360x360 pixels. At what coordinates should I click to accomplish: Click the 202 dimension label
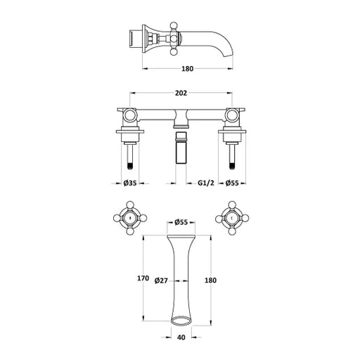point(181,94)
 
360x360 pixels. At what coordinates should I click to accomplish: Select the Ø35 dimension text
point(130,183)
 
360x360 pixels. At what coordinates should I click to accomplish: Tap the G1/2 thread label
point(206,183)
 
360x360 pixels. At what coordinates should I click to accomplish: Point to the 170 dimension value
point(143,278)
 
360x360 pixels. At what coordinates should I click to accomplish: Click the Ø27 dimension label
point(161,281)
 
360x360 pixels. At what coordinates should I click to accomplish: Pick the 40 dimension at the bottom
point(181,337)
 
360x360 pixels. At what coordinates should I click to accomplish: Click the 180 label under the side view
point(188,69)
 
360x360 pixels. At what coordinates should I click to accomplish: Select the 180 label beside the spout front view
point(210,281)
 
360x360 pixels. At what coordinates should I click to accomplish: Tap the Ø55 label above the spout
point(181,222)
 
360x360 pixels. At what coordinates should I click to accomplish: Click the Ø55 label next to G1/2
point(232,183)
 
